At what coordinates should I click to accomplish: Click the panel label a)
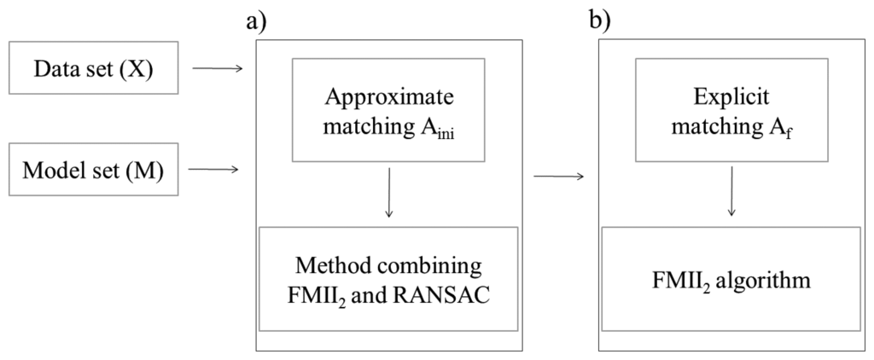click(x=254, y=20)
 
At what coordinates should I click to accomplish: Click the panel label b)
click(x=600, y=20)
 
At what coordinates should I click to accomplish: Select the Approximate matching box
click(x=388, y=109)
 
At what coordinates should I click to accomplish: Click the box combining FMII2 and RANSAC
click(x=388, y=279)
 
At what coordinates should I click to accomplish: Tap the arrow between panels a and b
click(x=558, y=177)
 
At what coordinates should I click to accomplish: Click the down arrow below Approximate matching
click(x=389, y=194)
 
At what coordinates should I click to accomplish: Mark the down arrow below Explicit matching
click(x=730, y=194)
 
